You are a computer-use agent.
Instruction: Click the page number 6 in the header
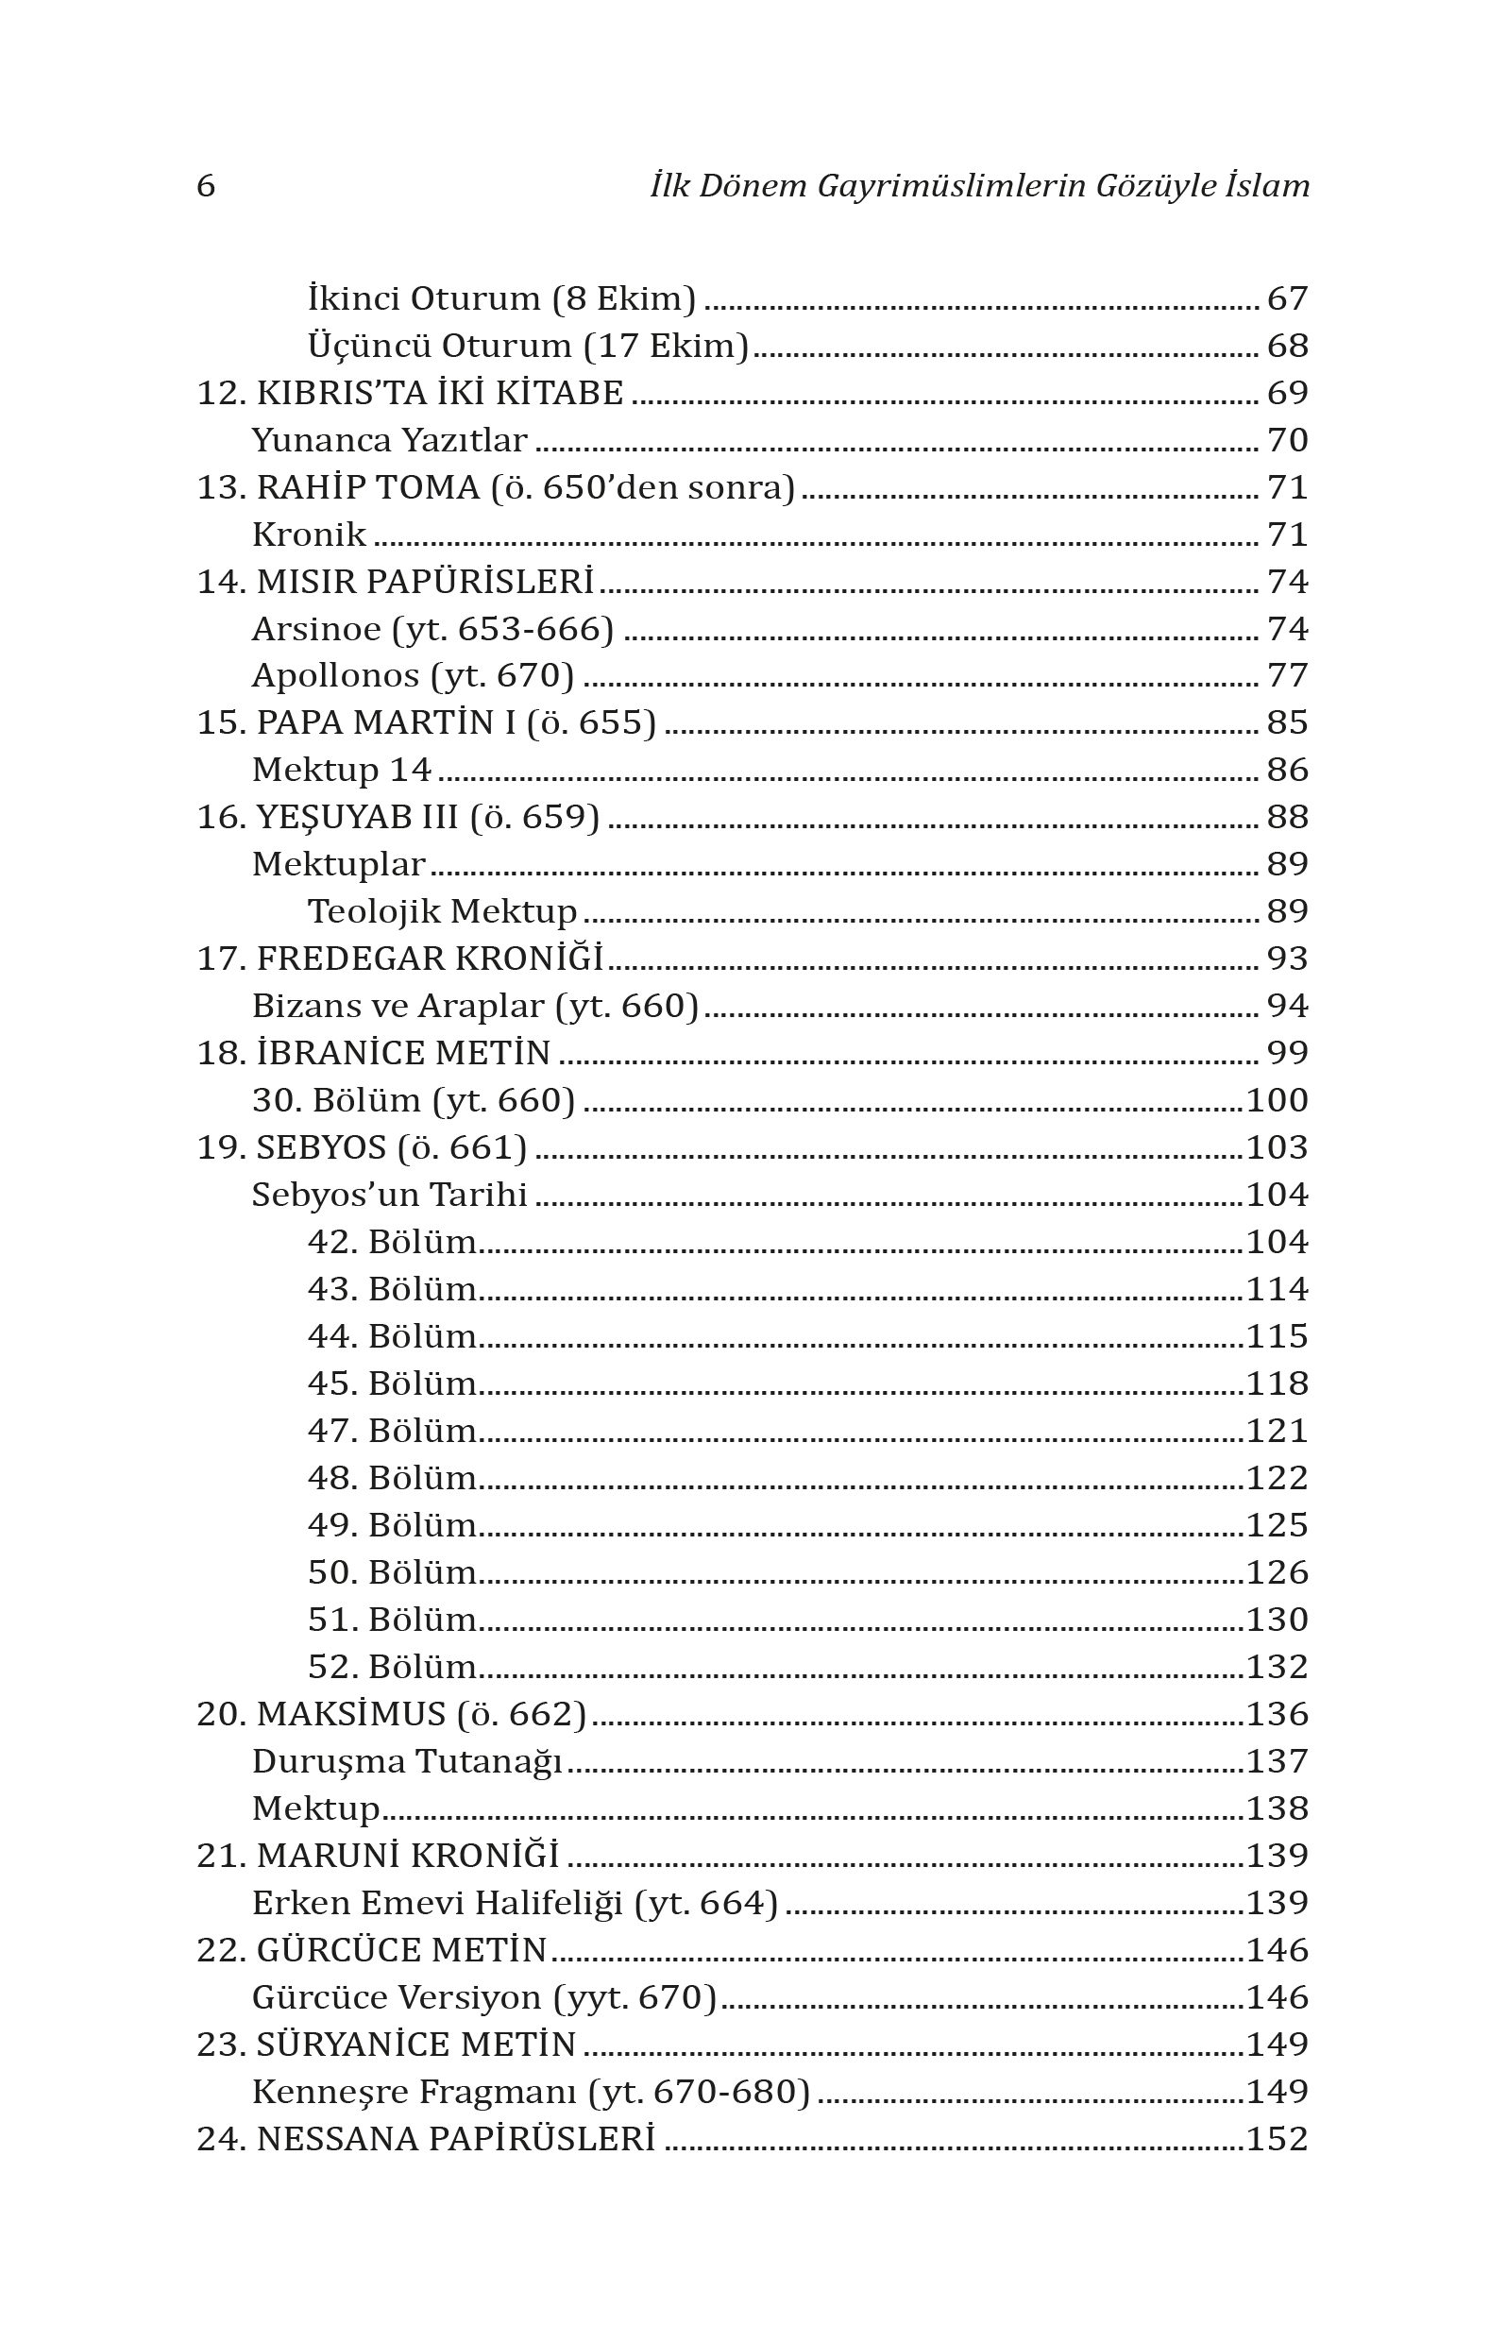click(206, 186)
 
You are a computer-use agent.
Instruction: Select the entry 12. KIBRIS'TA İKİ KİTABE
click(410, 393)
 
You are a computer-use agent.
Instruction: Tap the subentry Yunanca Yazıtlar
click(389, 441)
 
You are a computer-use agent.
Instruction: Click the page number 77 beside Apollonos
click(1287, 676)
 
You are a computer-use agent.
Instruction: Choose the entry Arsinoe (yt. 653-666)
click(432, 629)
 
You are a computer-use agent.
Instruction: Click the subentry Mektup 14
click(341, 771)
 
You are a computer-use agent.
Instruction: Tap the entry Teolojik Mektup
click(442, 911)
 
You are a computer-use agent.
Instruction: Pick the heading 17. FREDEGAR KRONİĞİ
click(400, 959)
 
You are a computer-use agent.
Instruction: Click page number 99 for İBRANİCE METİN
click(1287, 1053)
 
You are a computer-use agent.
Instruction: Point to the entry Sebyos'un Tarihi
click(389, 1195)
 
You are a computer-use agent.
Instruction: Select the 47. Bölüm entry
click(392, 1431)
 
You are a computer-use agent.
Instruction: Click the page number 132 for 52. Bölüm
click(1278, 1668)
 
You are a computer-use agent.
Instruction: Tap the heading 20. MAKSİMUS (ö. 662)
click(391, 1714)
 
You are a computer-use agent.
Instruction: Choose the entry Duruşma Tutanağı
click(407, 1761)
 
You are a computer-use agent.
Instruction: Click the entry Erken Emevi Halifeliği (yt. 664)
click(515, 1903)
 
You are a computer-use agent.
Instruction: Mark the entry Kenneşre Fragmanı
click(531, 2092)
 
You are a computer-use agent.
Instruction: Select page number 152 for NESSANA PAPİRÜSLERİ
click(1278, 2139)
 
